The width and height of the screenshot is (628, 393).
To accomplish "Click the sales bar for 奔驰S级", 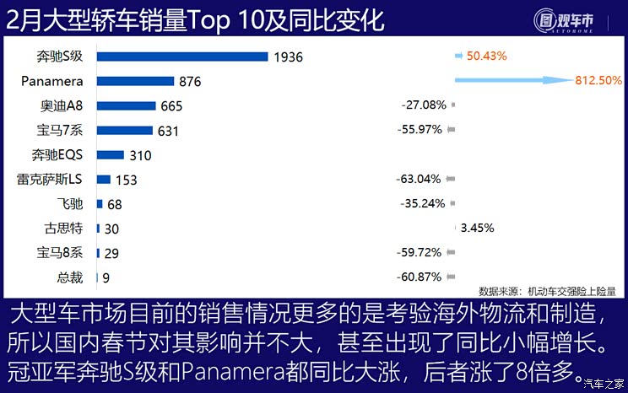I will [183, 57].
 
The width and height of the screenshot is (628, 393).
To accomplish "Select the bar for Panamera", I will [135, 81].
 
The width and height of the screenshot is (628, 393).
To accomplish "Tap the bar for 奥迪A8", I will [127, 106].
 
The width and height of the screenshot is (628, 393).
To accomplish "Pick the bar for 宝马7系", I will [125, 131].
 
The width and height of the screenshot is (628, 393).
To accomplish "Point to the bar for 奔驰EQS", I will [111, 155].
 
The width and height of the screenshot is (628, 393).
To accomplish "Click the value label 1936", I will [288, 57].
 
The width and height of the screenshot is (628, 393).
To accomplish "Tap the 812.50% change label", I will [598, 81].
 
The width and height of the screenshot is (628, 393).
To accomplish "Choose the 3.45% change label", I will [476, 228].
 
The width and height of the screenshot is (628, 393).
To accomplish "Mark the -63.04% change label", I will [419, 180].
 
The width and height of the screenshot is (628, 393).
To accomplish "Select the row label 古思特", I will [64, 228].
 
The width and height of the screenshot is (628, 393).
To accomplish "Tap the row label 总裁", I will [71, 277].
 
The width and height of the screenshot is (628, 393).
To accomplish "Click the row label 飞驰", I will [71, 204].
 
